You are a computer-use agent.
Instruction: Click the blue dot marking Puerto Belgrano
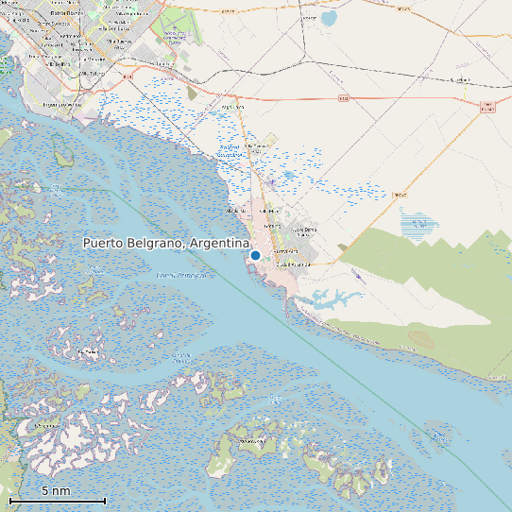[255, 255]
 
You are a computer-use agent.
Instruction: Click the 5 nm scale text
[56, 491]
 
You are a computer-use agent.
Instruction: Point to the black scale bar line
[57, 500]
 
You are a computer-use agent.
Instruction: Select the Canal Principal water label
[181, 275]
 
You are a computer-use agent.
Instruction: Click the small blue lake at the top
[329, 18]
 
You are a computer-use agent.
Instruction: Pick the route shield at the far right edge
[487, 107]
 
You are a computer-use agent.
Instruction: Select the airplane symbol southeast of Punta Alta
[356, 274]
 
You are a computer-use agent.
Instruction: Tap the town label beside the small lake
[308, 17]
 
